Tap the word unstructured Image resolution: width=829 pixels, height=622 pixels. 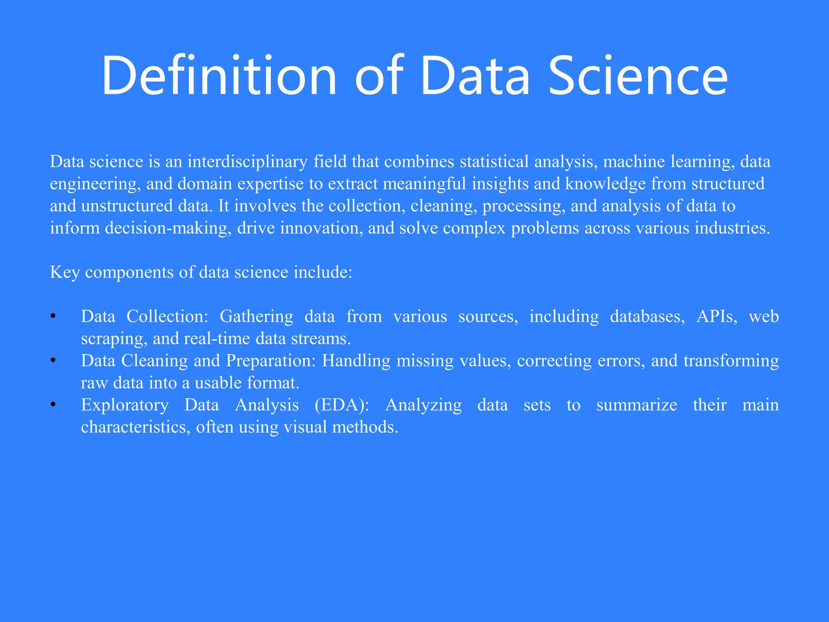[x=127, y=206]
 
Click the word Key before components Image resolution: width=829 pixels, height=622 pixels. [x=65, y=273]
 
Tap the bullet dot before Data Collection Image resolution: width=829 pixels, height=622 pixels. [x=53, y=317]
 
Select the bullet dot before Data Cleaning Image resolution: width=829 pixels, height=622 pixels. [x=53, y=361]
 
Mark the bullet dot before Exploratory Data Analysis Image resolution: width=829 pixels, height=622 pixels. [x=53, y=405]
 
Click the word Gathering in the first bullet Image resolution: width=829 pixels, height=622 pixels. [x=256, y=317]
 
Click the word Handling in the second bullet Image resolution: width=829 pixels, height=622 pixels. [x=356, y=361]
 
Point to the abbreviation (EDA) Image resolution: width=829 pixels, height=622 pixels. [x=342, y=405]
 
